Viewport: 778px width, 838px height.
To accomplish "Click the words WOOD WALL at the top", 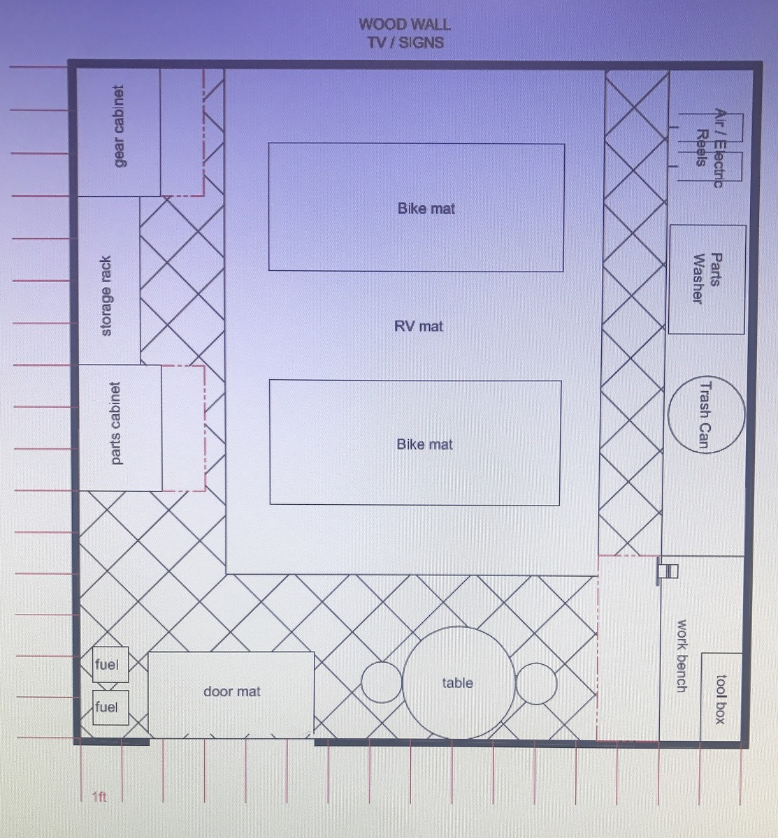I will (x=405, y=24).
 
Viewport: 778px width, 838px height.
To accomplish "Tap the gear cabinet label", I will (x=119, y=126).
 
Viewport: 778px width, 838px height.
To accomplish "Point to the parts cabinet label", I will (x=115, y=423).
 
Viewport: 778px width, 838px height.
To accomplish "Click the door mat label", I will (x=231, y=691).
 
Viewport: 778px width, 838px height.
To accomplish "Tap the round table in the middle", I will (x=459, y=682).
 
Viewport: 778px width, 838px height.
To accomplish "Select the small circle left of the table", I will (x=381, y=682).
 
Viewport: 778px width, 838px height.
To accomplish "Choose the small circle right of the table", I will (x=536, y=683).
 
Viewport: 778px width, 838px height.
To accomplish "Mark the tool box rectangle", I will (x=721, y=696).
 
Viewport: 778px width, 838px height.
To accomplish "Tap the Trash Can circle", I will (x=706, y=415).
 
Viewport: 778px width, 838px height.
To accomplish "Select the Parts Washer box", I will (x=707, y=279).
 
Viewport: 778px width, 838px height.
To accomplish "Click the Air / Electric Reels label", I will (x=709, y=147).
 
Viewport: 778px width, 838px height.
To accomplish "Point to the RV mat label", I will (x=418, y=326).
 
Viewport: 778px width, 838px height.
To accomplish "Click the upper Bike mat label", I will (x=426, y=208).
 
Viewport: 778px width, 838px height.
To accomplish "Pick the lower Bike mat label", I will (x=424, y=444).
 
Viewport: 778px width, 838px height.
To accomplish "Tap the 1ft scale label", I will (x=99, y=797).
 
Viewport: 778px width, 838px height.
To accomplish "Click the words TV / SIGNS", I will (x=405, y=43).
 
